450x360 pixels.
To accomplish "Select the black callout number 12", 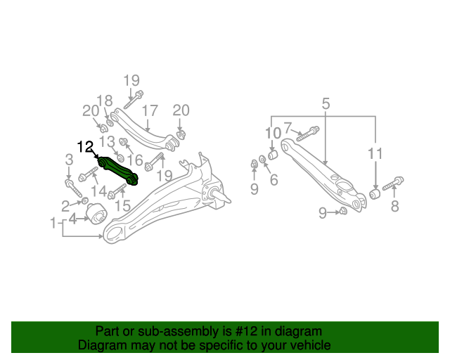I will [85, 148].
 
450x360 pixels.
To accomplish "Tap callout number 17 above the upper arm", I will [149, 110].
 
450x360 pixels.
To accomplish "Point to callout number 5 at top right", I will [326, 104].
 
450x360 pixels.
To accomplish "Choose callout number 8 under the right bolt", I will [394, 206].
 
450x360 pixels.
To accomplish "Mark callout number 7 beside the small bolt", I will [287, 128].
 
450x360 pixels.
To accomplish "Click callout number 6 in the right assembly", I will [274, 180].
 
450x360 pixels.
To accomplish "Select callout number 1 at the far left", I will [53, 224].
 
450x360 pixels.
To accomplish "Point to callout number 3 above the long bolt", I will [69, 160].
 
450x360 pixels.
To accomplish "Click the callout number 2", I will [65, 205].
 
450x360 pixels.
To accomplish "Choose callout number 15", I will [122, 205].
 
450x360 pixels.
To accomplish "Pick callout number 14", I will [98, 191].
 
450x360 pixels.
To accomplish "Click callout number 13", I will [106, 143].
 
